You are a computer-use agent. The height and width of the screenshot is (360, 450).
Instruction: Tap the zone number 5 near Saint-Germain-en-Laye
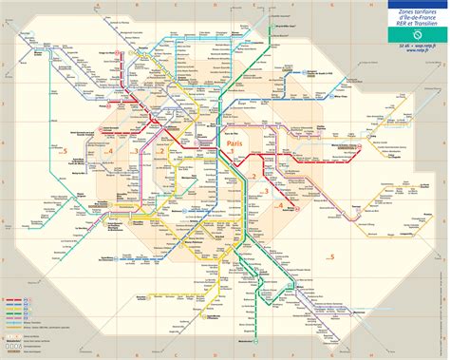64,151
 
